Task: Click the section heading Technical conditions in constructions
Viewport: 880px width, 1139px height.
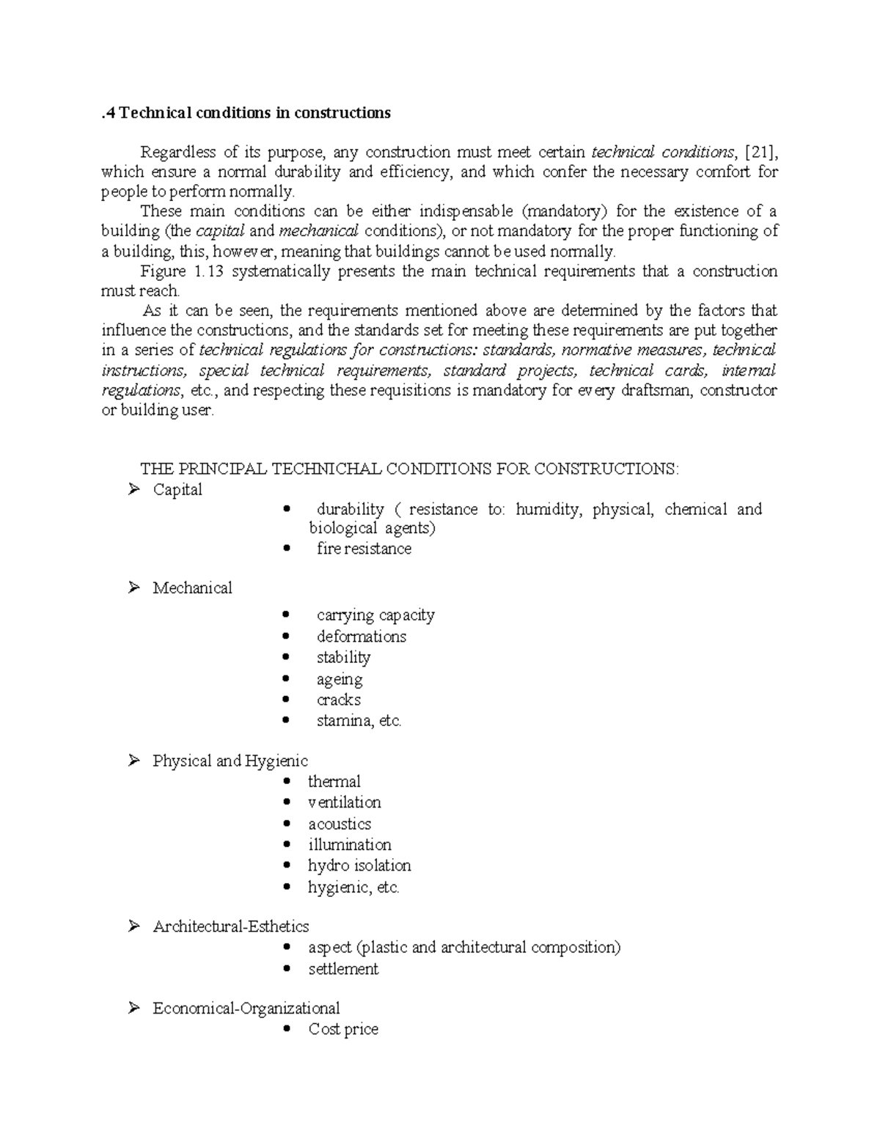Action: click(x=246, y=113)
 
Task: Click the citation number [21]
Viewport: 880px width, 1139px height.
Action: click(x=760, y=153)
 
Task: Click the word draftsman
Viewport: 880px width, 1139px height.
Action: click(x=656, y=390)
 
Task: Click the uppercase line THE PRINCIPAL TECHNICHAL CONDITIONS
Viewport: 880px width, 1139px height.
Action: click(x=409, y=469)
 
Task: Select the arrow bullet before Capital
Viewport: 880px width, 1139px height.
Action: click(x=133, y=489)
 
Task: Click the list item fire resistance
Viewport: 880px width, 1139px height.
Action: click(x=364, y=549)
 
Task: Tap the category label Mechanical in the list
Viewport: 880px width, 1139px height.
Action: click(x=192, y=587)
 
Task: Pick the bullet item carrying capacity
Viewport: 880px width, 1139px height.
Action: click(x=375, y=615)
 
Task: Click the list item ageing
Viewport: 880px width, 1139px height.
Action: click(x=340, y=679)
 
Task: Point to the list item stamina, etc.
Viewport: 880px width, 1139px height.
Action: click(x=359, y=720)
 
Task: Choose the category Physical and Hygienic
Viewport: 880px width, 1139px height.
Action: click(x=230, y=761)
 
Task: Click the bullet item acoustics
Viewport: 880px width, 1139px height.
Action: click(x=340, y=824)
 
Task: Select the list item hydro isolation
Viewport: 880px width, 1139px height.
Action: click(x=359, y=865)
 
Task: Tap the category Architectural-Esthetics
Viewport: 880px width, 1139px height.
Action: click(x=231, y=926)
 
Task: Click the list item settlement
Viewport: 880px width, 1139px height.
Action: click(x=343, y=969)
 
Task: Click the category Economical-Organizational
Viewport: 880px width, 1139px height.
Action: click(x=246, y=1008)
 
